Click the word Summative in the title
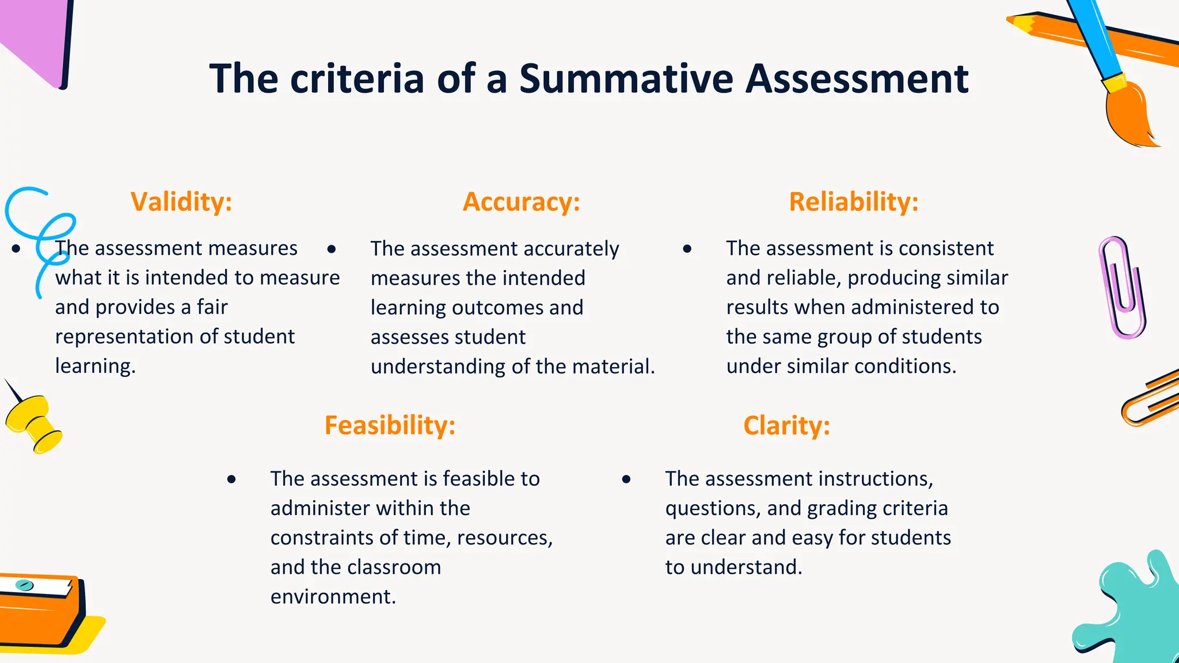pos(626,79)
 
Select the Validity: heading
pos(181,202)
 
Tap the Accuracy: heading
pos(522,202)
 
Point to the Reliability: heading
pos(854,202)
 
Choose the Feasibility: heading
pos(390,425)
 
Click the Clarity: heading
pos(786,425)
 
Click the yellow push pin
pos(35,423)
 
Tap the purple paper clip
pos(1122,288)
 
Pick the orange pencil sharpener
pos(40,610)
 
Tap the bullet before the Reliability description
pos(687,249)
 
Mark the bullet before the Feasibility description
pos(231,479)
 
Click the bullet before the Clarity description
pos(626,479)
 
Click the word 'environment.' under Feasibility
pos(333,597)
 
